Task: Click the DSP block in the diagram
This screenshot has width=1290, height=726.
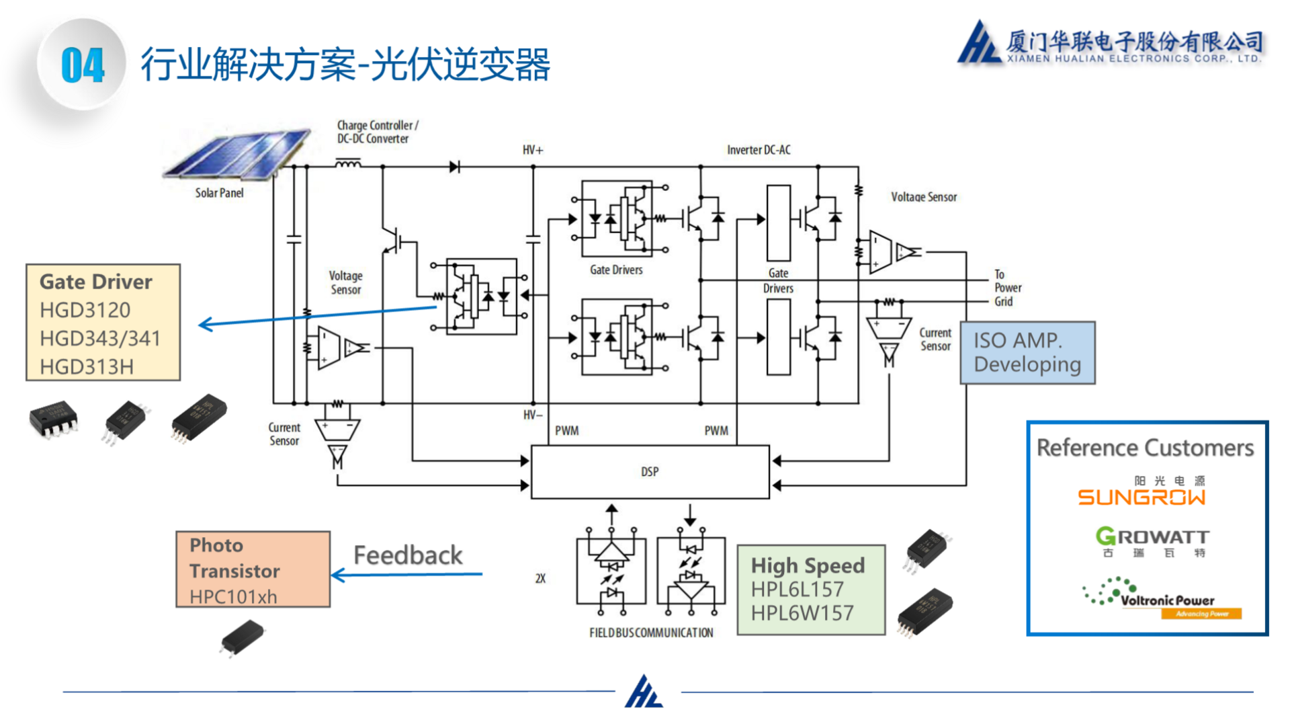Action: tap(650, 471)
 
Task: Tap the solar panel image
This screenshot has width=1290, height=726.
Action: tap(236, 155)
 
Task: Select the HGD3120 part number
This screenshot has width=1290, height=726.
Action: tap(85, 310)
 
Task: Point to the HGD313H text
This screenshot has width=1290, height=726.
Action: tap(87, 366)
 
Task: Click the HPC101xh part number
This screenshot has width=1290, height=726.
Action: tap(233, 596)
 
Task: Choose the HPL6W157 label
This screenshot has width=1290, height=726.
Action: tap(802, 613)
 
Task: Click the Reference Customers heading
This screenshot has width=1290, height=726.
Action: tap(1145, 448)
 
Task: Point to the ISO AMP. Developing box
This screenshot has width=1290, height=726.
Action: tap(1027, 352)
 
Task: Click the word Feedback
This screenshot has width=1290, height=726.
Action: tap(408, 555)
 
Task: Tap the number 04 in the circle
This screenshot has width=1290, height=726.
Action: tap(83, 66)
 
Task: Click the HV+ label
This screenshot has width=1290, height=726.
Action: tap(533, 150)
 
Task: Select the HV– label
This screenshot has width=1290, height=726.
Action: tap(533, 415)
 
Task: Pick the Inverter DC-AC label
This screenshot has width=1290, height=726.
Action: tap(759, 150)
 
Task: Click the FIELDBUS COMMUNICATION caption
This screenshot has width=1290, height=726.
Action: tap(651, 633)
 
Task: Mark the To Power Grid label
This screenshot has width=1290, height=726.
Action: tap(1007, 288)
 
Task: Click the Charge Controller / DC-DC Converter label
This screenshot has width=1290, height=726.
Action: tap(377, 132)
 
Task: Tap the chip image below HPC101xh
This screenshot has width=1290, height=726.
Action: tap(242, 637)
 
